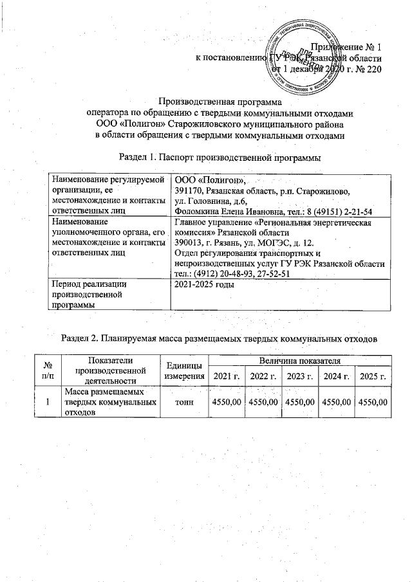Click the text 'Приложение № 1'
[346, 47]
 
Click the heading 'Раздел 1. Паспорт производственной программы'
[220, 158]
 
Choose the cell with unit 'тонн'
[185, 402]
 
